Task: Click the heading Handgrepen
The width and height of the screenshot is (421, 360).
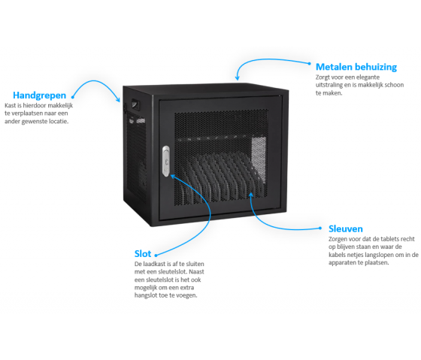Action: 39,95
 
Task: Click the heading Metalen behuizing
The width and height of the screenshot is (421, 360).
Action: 356,67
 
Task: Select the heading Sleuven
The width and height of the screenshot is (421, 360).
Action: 346,228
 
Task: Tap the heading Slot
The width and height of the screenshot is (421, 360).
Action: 143,254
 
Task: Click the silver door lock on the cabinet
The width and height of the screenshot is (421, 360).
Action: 166,161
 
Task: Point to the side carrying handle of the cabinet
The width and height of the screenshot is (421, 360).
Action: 135,104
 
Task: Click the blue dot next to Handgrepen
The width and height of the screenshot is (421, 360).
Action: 72,97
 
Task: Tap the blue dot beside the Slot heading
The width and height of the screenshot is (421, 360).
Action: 156,256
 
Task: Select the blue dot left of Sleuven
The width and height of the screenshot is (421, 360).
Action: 320,228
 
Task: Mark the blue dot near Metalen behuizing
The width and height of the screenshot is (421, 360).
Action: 309,64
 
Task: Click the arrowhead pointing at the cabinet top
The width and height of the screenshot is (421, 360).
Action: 237,78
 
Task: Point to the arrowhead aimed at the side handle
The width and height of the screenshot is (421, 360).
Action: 118,100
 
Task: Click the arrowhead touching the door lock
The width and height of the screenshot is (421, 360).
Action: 173,177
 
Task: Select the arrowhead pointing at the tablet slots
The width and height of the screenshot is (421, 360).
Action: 251,195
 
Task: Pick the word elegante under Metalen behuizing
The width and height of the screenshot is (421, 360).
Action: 368,77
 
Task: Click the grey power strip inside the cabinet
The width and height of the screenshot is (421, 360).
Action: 259,160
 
